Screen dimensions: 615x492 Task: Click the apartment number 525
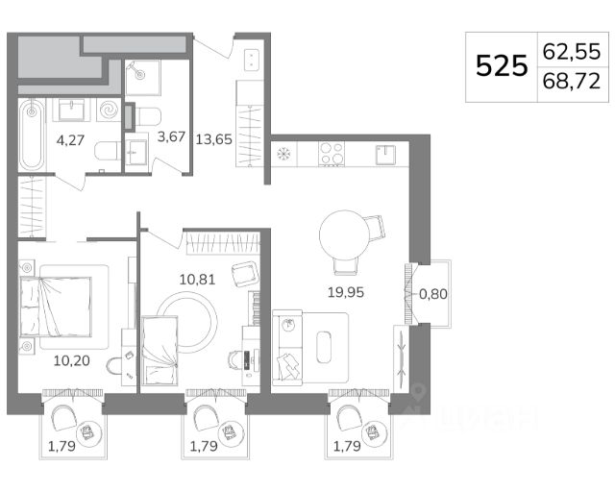[502, 66]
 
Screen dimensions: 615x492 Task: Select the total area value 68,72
[572, 82]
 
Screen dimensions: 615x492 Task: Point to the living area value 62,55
[572, 51]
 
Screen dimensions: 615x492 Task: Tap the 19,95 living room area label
[346, 292]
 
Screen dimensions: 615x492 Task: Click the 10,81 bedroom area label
[197, 280]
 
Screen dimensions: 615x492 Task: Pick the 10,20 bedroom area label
[72, 360]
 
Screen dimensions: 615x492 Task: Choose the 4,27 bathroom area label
[70, 140]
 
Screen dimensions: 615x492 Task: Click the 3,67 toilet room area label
[171, 136]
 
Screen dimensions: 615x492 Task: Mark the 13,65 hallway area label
[213, 139]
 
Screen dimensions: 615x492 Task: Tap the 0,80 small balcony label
[433, 294]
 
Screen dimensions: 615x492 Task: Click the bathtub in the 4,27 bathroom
[32, 135]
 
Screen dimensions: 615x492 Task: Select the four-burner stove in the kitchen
[332, 154]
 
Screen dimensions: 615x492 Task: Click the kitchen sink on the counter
[386, 155]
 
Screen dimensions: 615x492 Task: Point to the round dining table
[345, 235]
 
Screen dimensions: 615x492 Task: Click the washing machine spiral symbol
[109, 110]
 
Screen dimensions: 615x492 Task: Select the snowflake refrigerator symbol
[283, 154]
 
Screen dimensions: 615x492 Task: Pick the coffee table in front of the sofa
[325, 347]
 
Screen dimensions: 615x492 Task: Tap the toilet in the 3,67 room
[147, 116]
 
